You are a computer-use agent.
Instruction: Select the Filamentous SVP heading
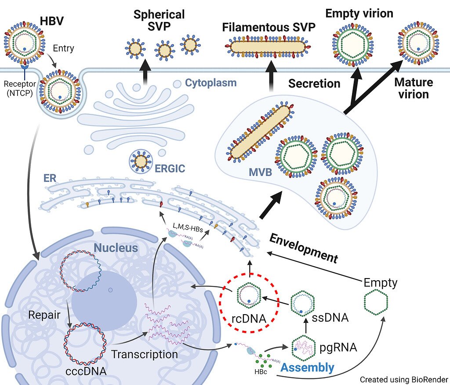pyautogui.click(x=269, y=27)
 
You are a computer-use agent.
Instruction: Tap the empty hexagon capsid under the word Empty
pyautogui.click(x=377, y=303)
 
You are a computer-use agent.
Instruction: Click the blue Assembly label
pyautogui.click(x=307, y=367)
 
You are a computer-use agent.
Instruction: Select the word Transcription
pyautogui.click(x=145, y=354)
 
